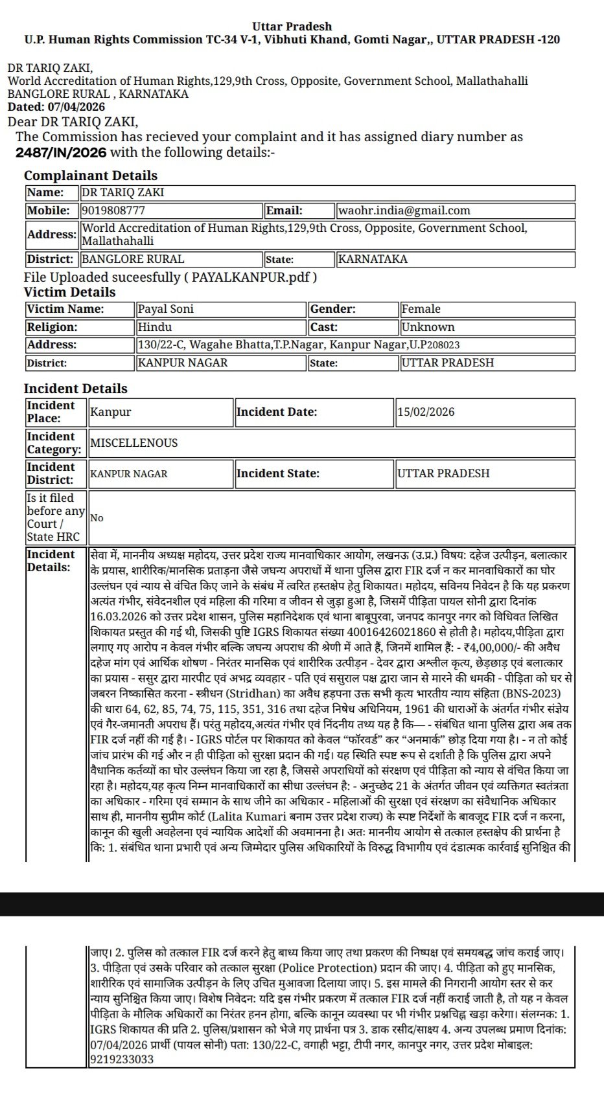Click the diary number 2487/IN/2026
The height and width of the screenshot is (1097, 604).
click(62, 153)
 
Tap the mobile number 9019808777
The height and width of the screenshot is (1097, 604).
click(114, 210)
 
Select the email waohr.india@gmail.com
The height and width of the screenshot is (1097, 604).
click(404, 210)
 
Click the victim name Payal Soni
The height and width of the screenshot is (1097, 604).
click(166, 309)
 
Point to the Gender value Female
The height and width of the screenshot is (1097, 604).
click(421, 309)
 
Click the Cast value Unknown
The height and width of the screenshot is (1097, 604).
click(428, 327)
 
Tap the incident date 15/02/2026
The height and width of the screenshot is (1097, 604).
click(426, 412)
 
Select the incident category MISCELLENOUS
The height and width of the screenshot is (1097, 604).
click(134, 443)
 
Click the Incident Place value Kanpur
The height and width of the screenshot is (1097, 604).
click(111, 412)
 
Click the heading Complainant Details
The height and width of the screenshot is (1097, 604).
click(91, 175)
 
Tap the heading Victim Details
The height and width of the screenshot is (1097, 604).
click(70, 292)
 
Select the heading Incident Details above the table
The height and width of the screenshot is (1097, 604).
click(76, 389)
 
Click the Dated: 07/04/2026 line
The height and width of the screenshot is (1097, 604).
click(56, 107)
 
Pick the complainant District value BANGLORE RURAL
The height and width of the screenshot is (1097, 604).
click(133, 259)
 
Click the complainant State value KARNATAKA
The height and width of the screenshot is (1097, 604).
click(373, 259)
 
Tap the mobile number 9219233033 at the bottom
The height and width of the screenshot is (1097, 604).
click(122, 1059)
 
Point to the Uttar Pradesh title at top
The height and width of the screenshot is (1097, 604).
click(292, 27)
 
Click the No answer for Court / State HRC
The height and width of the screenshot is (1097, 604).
click(97, 518)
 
